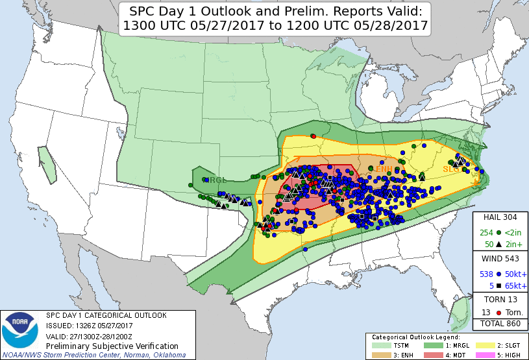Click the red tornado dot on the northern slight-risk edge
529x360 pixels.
[313, 136]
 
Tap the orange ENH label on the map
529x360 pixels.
[384, 169]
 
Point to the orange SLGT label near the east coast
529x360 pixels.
[452, 169]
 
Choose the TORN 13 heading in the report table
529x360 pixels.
[500, 300]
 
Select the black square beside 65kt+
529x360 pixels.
[498, 285]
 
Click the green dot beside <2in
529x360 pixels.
[498, 232]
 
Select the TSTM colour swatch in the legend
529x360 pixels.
[380, 346]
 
